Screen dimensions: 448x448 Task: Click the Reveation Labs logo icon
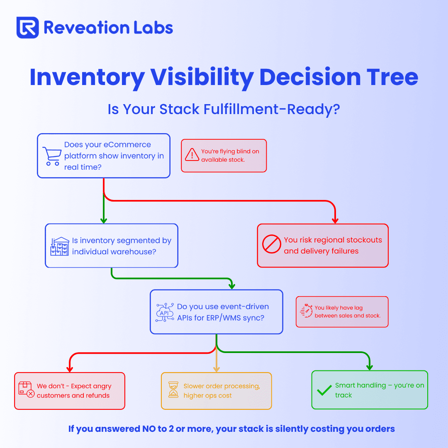point(28,27)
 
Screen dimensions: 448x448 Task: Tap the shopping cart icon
point(52,156)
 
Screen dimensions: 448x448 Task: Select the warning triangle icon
point(192,155)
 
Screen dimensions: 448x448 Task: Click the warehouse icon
point(60,246)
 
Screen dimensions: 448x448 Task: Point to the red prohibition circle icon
point(272,244)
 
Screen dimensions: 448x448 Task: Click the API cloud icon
point(165,312)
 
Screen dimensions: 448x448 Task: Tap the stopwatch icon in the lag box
point(306,311)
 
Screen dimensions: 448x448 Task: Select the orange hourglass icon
point(173,390)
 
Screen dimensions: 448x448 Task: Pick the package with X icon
point(27,390)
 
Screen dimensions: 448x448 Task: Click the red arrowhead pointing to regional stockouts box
point(335,221)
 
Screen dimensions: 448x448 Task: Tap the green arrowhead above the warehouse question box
point(104,221)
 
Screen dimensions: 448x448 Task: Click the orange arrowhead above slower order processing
point(217,370)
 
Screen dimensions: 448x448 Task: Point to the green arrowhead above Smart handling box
point(370,368)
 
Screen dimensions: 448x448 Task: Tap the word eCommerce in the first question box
point(127,145)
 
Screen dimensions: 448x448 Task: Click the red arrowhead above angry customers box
point(70,370)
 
